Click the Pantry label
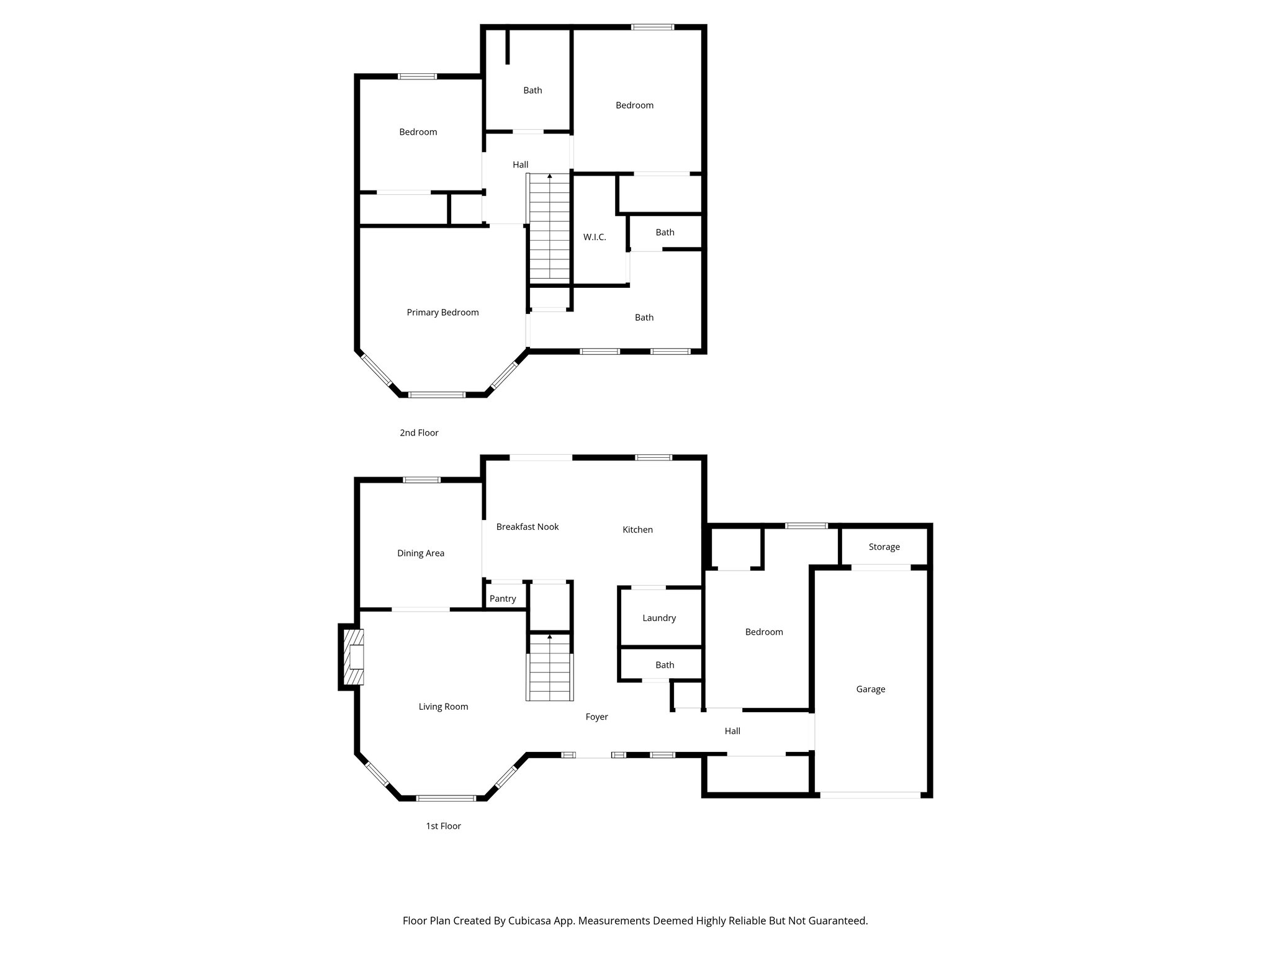coord(503,599)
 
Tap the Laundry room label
coord(659,618)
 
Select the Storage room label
coord(884,547)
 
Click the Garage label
coord(870,689)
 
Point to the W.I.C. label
coord(595,238)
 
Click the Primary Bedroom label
coord(442,313)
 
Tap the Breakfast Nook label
coord(528,527)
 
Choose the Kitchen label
coord(637,530)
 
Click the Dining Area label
coord(421,553)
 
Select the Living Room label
coord(443,707)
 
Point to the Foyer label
coord(596,717)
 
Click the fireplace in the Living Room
coord(354,657)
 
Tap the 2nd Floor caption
coord(419,433)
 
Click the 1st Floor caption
coord(443,826)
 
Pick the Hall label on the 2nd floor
coord(520,165)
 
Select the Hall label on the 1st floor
coord(732,732)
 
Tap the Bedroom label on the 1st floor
coord(764,632)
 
